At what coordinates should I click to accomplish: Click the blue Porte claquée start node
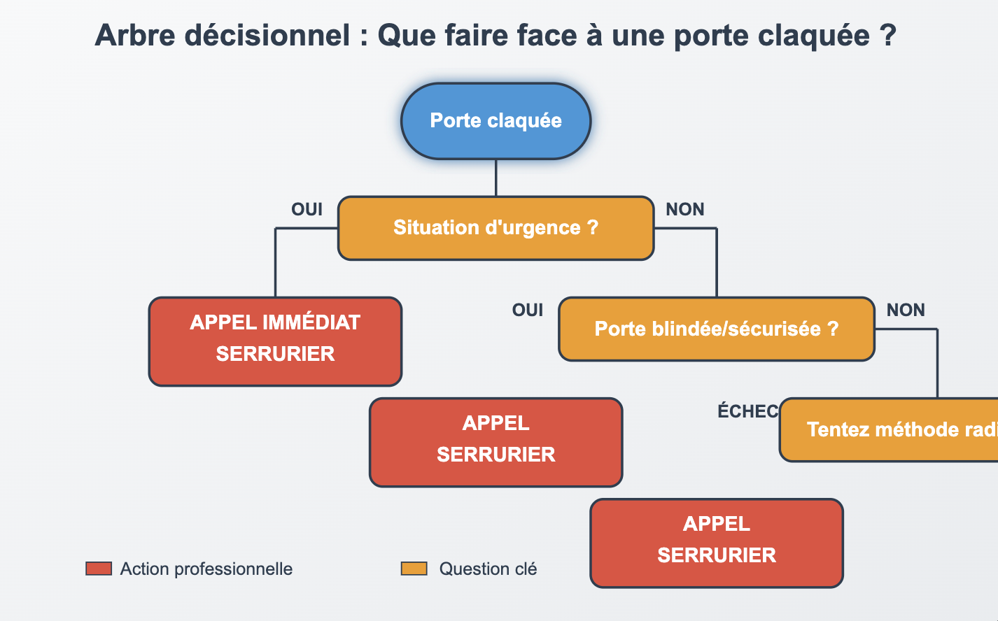(496, 121)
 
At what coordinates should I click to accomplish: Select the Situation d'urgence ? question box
(496, 228)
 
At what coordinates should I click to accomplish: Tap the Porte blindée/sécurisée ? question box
(716, 329)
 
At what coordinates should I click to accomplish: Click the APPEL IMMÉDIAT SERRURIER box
(275, 341)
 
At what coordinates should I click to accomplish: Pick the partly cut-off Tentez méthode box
(889, 429)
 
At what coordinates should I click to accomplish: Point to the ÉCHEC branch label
(747, 411)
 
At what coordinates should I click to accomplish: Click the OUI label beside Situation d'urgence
(307, 209)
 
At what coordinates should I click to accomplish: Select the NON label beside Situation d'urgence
(684, 209)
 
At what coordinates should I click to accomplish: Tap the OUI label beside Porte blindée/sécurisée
(527, 310)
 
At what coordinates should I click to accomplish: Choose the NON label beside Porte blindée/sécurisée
(906, 310)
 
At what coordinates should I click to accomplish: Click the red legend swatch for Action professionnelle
(99, 569)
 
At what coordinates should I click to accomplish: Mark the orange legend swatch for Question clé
(414, 569)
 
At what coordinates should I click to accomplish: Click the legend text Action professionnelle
(206, 569)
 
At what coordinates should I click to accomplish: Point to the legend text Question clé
(488, 569)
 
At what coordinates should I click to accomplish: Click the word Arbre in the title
(134, 36)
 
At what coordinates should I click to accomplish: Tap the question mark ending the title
(888, 36)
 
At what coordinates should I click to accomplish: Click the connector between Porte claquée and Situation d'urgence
(496, 178)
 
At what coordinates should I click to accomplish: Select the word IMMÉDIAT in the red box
(311, 322)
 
